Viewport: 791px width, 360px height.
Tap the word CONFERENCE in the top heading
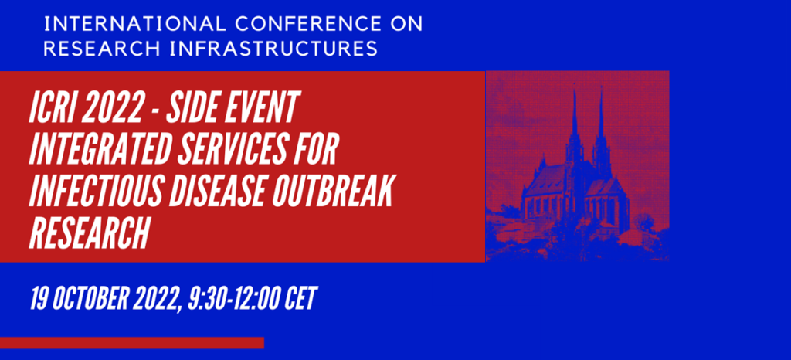pyautogui.click(x=308, y=24)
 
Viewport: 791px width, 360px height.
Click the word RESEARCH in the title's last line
pyautogui.click(x=90, y=233)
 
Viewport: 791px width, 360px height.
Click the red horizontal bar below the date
pyautogui.click(x=132, y=343)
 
